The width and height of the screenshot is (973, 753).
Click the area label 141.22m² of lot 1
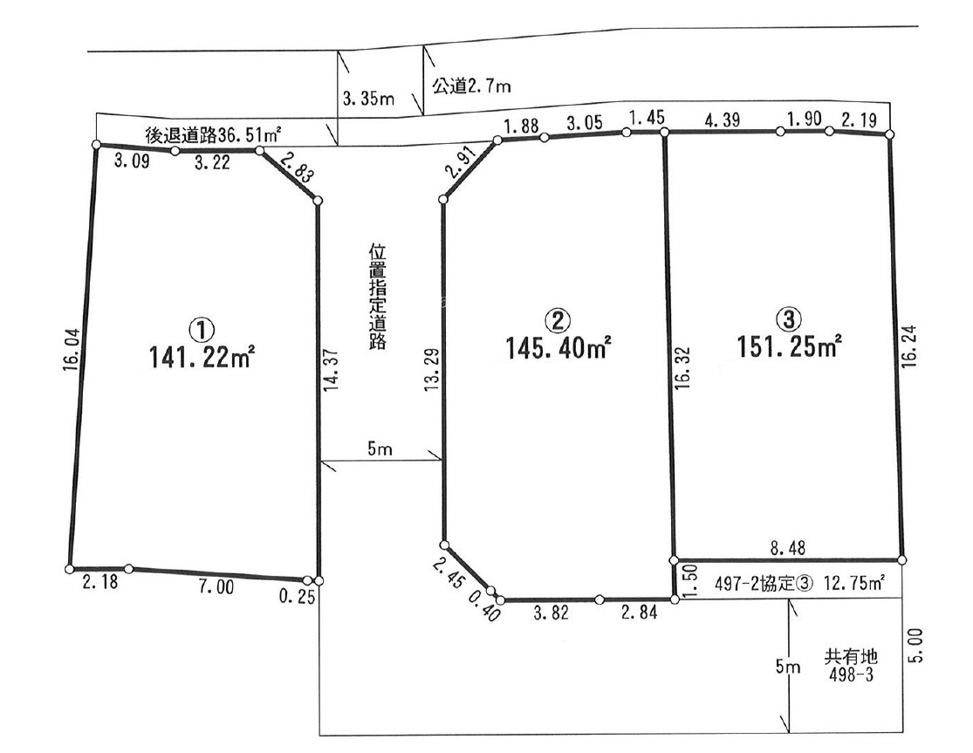click(x=202, y=356)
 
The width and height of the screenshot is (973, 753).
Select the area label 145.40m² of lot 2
click(x=558, y=347)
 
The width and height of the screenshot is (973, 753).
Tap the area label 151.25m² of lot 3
click(x=790, y=346)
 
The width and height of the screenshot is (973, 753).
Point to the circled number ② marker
click(x=557, y=320)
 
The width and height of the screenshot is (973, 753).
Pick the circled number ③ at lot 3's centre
click(x=789, y=318)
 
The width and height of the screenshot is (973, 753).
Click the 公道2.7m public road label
click(x=471, y=86)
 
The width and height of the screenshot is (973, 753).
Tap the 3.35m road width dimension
click(x=368, y=98)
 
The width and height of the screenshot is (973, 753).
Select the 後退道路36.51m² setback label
click(x=213, y=134)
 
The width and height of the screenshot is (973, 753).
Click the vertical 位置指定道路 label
click(x=377, y=297)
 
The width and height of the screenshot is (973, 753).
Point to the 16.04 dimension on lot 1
click(x=72, y=350)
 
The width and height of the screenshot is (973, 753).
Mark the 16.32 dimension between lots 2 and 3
click(x=683, y=367)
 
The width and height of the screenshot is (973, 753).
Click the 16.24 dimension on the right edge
click(x=909, y=346)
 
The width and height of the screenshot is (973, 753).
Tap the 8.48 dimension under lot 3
click(x=788, y=548)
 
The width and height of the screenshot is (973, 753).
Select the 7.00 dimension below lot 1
click(x=216, y=585)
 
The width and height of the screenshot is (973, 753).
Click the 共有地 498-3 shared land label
click(x=851, y=665)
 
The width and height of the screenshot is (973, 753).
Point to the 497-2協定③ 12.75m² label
click(x=800, y=584)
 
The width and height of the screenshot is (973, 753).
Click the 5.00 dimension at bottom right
click(x=915, y=645)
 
